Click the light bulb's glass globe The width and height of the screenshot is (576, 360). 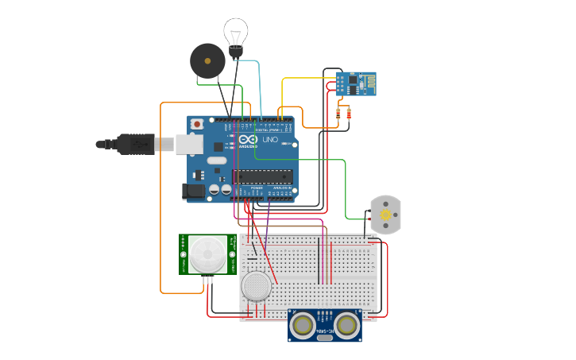235,32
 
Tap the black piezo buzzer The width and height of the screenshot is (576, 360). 207,60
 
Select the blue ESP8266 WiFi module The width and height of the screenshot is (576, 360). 355,83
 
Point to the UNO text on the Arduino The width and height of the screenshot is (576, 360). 270,140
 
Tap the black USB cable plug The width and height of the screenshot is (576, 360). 135,144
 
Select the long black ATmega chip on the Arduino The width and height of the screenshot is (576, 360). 262,176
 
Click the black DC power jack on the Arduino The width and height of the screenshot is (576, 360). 193,191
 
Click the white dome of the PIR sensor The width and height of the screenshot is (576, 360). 207,254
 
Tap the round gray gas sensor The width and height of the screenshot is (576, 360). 257,286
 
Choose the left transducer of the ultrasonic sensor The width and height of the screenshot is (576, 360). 303,324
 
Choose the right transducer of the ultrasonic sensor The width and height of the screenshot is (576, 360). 346,324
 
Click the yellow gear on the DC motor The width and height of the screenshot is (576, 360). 386,215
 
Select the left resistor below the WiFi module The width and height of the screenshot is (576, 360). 339,114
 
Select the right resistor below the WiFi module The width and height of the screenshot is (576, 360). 348,114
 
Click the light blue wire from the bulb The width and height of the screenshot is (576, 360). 259,87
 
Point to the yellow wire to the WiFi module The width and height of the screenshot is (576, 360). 302,79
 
